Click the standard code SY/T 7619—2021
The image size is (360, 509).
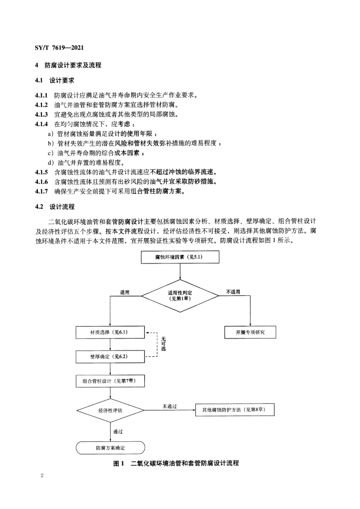point(59,48)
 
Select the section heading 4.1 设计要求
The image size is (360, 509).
point(55,80)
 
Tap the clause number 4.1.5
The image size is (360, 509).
point(41,172)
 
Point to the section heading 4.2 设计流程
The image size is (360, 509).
point(55,207)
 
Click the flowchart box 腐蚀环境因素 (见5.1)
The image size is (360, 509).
point(180,257)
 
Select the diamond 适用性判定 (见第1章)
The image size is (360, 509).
point(180,296)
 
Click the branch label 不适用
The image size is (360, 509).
point(233,292)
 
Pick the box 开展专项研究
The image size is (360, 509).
point(250,332)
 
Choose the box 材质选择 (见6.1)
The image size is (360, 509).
point(110,332)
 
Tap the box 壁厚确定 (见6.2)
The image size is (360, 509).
point(110,356)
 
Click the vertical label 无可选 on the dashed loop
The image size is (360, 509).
point(163,344)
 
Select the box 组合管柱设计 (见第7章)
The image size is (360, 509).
point(110,381)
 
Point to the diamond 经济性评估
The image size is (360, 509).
point(110,410)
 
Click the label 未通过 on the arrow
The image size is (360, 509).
point(170,407)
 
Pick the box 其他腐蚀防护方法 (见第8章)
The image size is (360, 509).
point(235,410)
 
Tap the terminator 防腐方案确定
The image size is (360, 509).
point(110,448)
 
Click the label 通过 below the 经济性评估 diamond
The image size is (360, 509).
point(118,431)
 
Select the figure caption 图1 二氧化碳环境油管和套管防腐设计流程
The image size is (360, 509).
point(176,463)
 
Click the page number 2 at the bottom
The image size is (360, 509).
point(42,476)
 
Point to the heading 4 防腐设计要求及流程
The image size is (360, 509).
point(68,65)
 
